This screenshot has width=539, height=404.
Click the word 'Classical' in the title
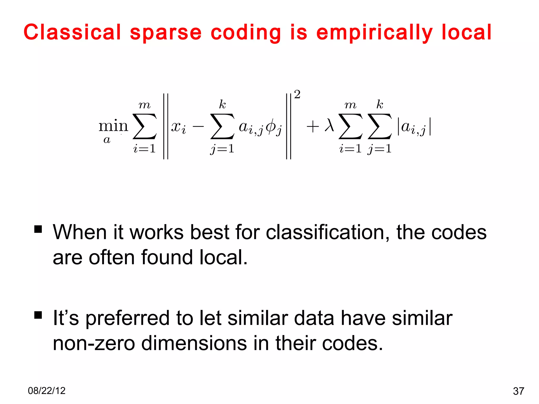click(x=72, y=32)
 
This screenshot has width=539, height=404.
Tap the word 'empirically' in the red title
click(x=374, y=33)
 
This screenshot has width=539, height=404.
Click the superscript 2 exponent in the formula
click(x=297, y=94)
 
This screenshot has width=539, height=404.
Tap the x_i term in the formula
click(x=178, y=128)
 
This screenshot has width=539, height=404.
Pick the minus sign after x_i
click(x=198, y=127)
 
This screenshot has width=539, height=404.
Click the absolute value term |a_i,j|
click(x=414, y=128)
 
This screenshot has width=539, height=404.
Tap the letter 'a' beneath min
click(x=107, y=140)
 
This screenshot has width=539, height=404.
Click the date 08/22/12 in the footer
click(x=47, y=391)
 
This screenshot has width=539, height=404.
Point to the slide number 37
click(x=518, y=391)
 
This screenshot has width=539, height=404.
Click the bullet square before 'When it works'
click(x=38, y=229)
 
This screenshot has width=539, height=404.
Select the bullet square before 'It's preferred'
click(x=38, y=315)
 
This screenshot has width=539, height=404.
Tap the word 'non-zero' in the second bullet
click(x=94, y=344)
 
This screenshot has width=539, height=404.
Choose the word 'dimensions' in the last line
click(x=194, y=344)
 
